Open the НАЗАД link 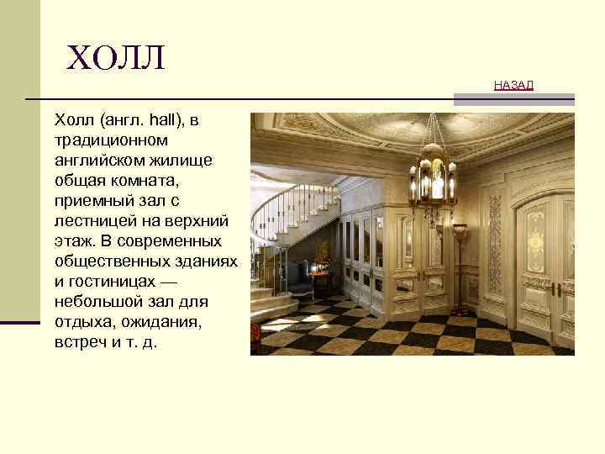point(513,86)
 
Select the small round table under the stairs point(320,278)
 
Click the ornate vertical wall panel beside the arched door point(495,244)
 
